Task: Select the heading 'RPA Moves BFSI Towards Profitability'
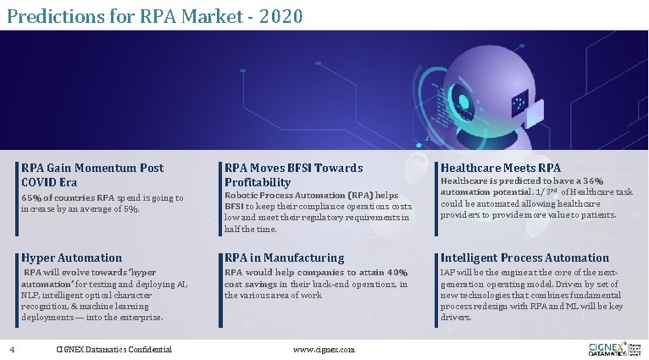[x=293, y=174]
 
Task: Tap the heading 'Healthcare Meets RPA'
[x=500, y=168]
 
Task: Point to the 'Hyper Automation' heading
[x=72, y=258]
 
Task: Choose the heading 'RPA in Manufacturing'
[x=284, y=258]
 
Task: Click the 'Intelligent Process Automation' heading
[x=524, y=258]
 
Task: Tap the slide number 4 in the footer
[x=12, y=349]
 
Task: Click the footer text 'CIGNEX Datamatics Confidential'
[x=114, y=349]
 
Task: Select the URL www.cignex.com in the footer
[x=324, y=349]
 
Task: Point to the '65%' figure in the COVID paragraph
[x=31, y=197]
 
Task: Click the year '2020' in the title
[x=279, y=15]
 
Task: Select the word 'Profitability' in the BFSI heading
[x=258, y=182]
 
